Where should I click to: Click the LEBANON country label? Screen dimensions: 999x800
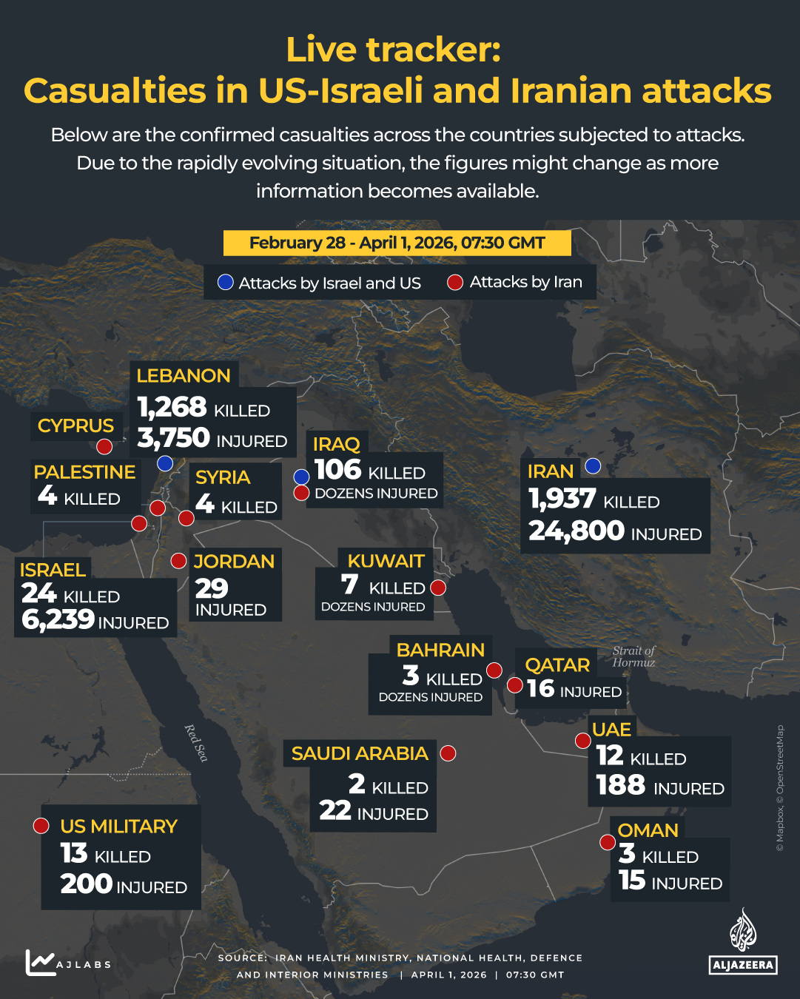(x=184, y=376)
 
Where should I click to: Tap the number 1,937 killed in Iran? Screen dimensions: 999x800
(x=562, y=499)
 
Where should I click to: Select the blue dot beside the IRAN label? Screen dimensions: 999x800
(x=593, y=466)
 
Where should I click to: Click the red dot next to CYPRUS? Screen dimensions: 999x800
(x=104, y=446)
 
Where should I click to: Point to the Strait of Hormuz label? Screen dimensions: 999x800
(x=633, y=656)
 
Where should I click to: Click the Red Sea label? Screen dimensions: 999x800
(x=196, y=743)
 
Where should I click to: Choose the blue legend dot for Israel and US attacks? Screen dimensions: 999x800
(x=226, y=283)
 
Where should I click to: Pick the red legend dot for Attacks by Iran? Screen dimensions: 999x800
(x=455, y=283)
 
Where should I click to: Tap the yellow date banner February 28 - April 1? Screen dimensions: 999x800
(x=397, y=243)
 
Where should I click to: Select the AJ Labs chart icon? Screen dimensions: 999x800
(x=40, y=962)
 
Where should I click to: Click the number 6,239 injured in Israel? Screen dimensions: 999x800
(x=58, y=620)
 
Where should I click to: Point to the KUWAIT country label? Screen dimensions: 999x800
(x=386, y=561)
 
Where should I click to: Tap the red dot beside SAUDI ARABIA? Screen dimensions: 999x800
(x=448, y=753)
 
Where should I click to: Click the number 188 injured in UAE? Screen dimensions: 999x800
(x=621, y=785)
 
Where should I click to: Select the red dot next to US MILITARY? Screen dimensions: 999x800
(x=41, y=826)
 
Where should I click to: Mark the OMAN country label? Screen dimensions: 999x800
(x=648, y=830)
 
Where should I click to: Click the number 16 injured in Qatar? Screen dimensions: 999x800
(x=541, y=689)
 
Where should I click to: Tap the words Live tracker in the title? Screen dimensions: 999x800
(x=394, y=50)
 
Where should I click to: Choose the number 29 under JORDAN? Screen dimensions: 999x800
(x=212, y=588)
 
